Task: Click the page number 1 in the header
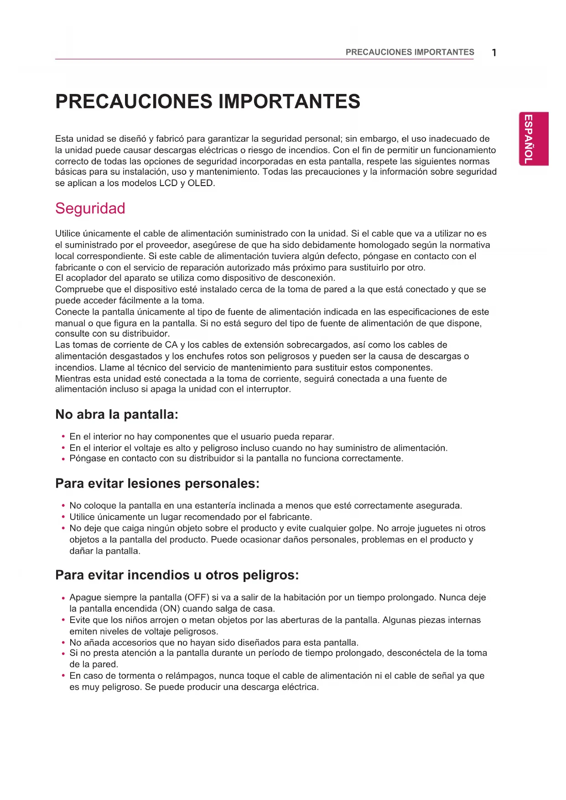(494, 52)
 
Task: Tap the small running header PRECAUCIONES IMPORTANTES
(410, 52)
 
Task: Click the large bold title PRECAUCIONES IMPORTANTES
(208, 101)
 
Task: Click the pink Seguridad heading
(90, 208)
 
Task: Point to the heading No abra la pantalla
(116, 415)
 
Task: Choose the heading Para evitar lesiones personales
(157, 483)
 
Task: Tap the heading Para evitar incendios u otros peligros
(177, 575)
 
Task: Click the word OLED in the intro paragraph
(200, 183)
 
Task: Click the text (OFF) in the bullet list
(197, 597)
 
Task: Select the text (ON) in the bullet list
(170, 609)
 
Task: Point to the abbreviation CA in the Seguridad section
(171, 345)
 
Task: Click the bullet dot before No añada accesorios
(63, 643)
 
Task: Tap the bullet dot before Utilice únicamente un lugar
(63, 517)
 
